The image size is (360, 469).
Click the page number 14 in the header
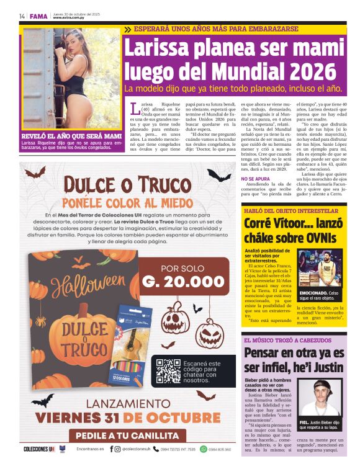coord(22,16)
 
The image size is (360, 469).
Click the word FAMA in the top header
coord(38,16)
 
